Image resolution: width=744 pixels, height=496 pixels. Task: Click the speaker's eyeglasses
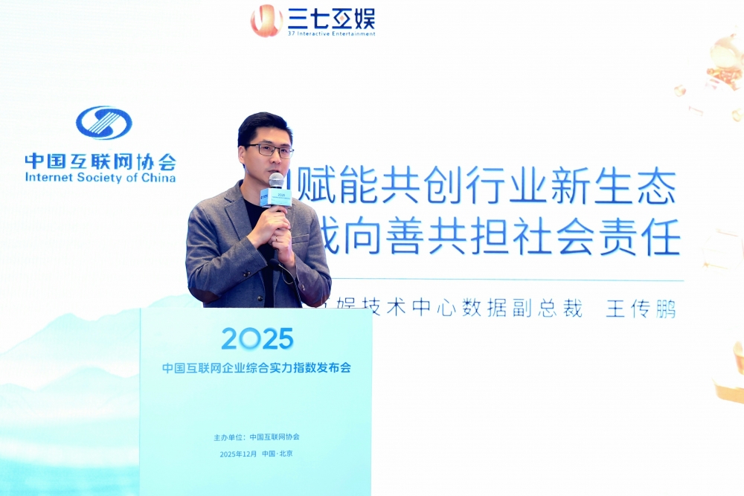[269, 150]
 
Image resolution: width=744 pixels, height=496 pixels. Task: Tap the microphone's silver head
[276, 181]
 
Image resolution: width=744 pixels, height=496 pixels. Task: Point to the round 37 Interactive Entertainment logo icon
[266, 20]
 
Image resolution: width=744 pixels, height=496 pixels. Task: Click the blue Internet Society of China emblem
[103, 123]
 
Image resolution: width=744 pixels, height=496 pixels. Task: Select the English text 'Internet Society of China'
[100, 178]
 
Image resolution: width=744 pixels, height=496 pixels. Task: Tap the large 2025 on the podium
[257, 339]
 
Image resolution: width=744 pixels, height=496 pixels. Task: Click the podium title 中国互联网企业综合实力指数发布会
[257, 368]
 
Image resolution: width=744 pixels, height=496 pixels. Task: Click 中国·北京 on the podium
[278, 454]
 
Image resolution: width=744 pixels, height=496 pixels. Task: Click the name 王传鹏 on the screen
[641, 309]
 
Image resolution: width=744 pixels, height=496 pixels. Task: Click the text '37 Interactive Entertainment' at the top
[331, 33]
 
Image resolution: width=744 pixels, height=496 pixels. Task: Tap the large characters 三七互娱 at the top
[331, 17]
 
